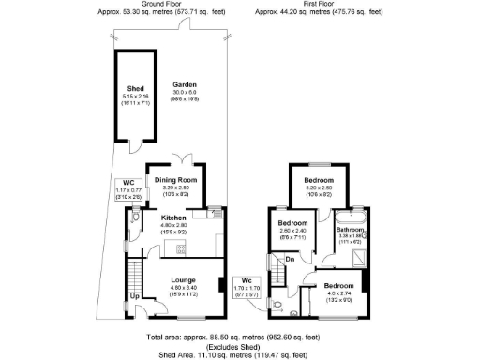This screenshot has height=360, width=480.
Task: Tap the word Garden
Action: pyautogui.click(x=184, y=84)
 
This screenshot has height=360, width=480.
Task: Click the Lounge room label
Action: pyautogui.click(x=183, y=279)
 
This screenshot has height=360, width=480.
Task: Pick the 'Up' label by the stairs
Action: pyautogui.click(x=135, y=297)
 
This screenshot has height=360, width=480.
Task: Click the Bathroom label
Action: pyautogui.click(x=351, y=229)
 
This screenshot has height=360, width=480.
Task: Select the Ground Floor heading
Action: pyautogui.click(x=155, y=5)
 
